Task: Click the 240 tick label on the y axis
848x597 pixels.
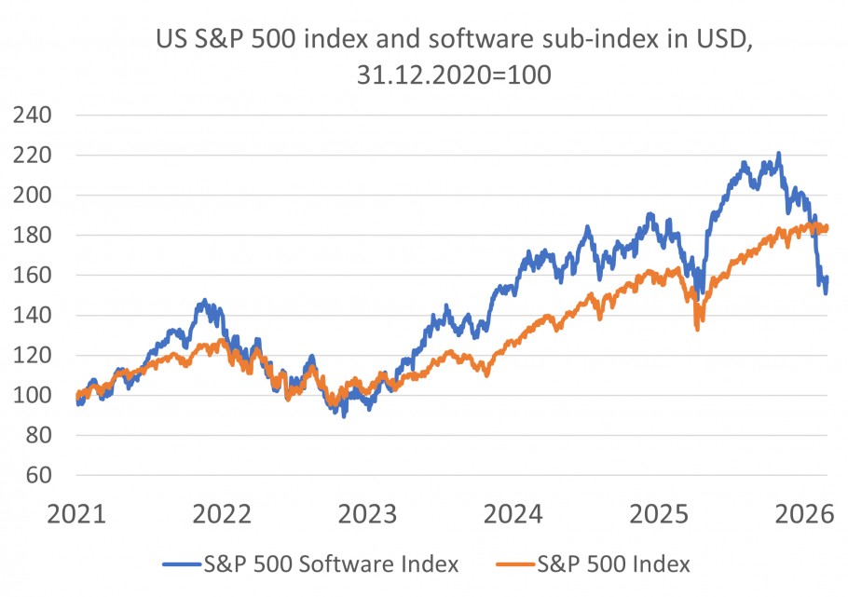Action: pos(33,116)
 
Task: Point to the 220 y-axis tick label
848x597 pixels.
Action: pos(33,156)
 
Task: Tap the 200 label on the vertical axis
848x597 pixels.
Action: pos(33,196)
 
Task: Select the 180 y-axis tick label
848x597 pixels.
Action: pos(33,236)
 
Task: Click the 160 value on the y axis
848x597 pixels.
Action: pos(33,276)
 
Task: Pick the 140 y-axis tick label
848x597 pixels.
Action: pos(33,316)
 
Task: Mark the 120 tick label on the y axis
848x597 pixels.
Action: pos(33,356)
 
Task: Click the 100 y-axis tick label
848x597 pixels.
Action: pos(33,396)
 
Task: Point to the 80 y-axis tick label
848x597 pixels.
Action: pos(39,436)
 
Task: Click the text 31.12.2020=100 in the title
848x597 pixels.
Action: pos(454,75)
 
